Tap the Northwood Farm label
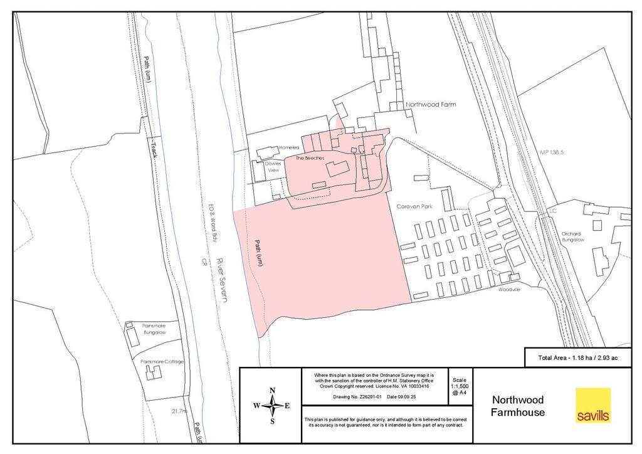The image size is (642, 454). pyautogui.click(x=431, y=105)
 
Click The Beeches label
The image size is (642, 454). pyautogui.click(x=310, y=159)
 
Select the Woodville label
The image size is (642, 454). pyautogui.click(x=510, y=290)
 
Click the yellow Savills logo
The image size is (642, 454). pyautogui.click(x=592, y=405)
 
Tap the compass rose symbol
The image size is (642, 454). pyautogui.click(x=271, y=406)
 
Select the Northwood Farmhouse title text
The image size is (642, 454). pyautogui.click(x=518, y=406)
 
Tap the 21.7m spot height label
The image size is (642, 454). pyautogui.click(x=179, y=411)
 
